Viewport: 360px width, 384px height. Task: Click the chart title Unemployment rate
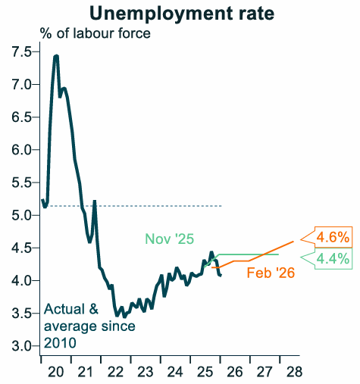180,13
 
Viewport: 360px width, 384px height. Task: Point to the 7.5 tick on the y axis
20,52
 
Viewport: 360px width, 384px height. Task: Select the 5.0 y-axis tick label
20,215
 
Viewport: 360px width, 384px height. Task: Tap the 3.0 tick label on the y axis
20,346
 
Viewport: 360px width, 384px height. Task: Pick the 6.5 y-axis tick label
20,117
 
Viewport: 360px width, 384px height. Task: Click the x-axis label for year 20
56,370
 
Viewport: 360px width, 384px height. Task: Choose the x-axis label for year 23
145,370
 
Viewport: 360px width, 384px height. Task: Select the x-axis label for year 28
293,370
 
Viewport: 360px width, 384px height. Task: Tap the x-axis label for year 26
234,370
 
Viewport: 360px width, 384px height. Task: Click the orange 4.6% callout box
332,237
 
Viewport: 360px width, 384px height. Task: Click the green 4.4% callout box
332,258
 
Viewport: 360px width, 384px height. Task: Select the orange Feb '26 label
271,272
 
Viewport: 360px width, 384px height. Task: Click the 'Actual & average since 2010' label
89,326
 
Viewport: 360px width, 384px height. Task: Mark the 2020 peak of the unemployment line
56,57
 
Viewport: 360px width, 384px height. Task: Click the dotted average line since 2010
152,206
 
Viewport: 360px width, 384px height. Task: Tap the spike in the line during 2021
95,201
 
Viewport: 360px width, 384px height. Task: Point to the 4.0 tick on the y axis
20,281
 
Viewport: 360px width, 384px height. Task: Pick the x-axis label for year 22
115,370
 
